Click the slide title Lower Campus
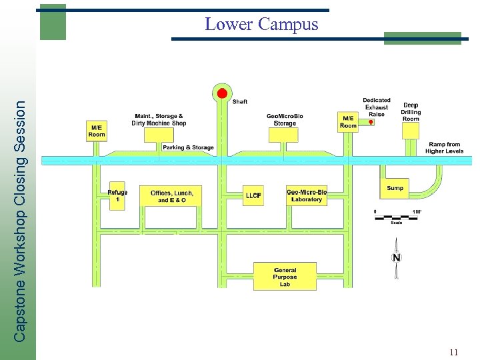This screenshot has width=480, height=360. coord(261,25)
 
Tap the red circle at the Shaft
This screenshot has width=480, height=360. coord(223,93)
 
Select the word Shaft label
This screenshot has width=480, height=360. coord(240,102)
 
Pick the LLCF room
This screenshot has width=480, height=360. coord(253,195)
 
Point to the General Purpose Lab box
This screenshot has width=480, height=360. coord(285,276)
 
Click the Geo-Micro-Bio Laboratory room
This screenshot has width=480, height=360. coord(307,195)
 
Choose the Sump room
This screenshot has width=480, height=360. coord(395,189)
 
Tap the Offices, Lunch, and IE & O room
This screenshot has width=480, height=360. coord(171,196)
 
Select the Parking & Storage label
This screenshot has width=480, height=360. coord(189,147)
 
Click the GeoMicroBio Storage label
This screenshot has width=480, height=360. coord(285,120)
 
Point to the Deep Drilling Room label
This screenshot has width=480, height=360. coord(411,112)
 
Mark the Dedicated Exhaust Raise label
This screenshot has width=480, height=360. coord(377,107)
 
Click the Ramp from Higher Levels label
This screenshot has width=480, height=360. coord(445,147)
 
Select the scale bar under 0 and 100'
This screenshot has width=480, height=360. coord(396,217)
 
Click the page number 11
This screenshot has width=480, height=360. coord(453,352)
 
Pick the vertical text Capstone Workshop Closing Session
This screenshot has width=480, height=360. coord(21,220)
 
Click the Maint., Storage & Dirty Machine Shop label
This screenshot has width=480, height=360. coord(159,119)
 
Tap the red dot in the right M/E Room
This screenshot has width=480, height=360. coord(371,123)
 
